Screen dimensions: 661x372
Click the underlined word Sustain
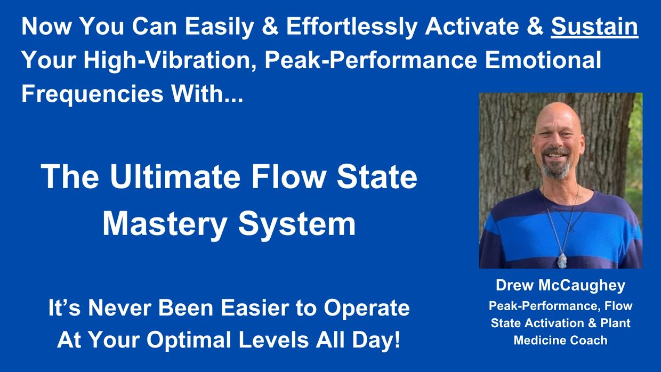point(594,27)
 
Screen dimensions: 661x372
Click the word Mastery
point(165,225)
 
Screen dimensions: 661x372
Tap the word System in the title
point(296,225)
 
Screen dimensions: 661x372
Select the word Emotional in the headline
point(543,60)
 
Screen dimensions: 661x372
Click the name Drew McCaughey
point(560,286)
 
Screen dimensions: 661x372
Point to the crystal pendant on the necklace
point(562,260)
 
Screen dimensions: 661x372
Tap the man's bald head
point(558,115)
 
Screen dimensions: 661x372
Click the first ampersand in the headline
point(270,27)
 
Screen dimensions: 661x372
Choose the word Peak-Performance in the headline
point(371,60)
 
